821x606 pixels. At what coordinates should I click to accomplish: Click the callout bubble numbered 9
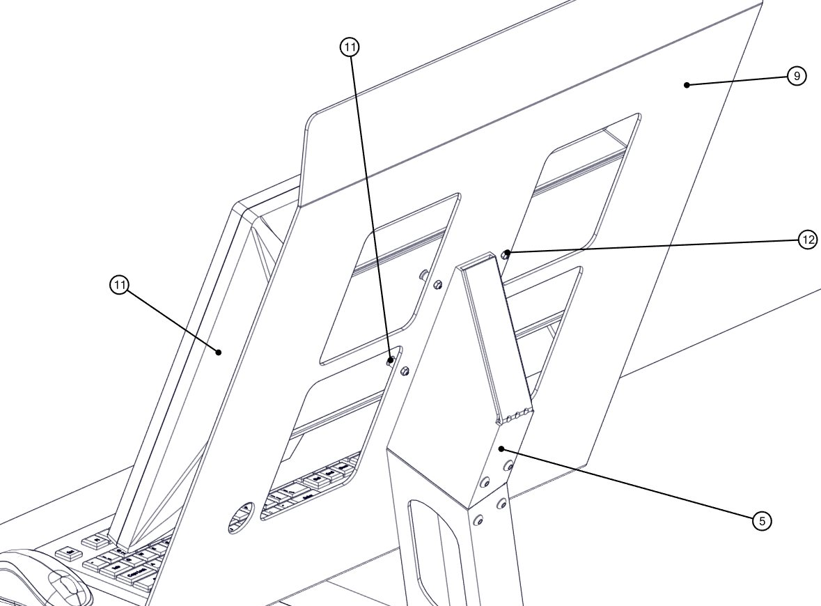pyautogui.click(x=797, y=76)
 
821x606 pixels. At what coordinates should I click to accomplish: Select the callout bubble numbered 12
pyautogui.click(x=808, y=240)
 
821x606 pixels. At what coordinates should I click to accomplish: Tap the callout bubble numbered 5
pyautogui.click(x=763, y=520)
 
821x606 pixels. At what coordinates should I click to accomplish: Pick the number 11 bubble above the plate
pyautogui.click(x=350, y=47)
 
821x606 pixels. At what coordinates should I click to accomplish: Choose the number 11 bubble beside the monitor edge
pyautogui.click(x=120, y=285)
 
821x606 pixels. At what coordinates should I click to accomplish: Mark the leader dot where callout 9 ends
pyautogui.click(x=687, y=85)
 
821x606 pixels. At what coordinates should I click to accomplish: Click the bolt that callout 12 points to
pyautogui.click(x=508, y=253)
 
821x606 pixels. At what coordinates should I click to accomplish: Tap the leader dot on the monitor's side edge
pyautogui.click(x=219, y=352)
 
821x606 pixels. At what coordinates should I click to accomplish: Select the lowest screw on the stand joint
pyautogui.click(x=479, y=520)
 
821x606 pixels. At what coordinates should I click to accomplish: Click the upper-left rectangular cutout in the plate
pyautogui.click(x=390, y=279)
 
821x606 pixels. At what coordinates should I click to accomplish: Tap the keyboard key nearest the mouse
pyautogui.click(x=68, y=554)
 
